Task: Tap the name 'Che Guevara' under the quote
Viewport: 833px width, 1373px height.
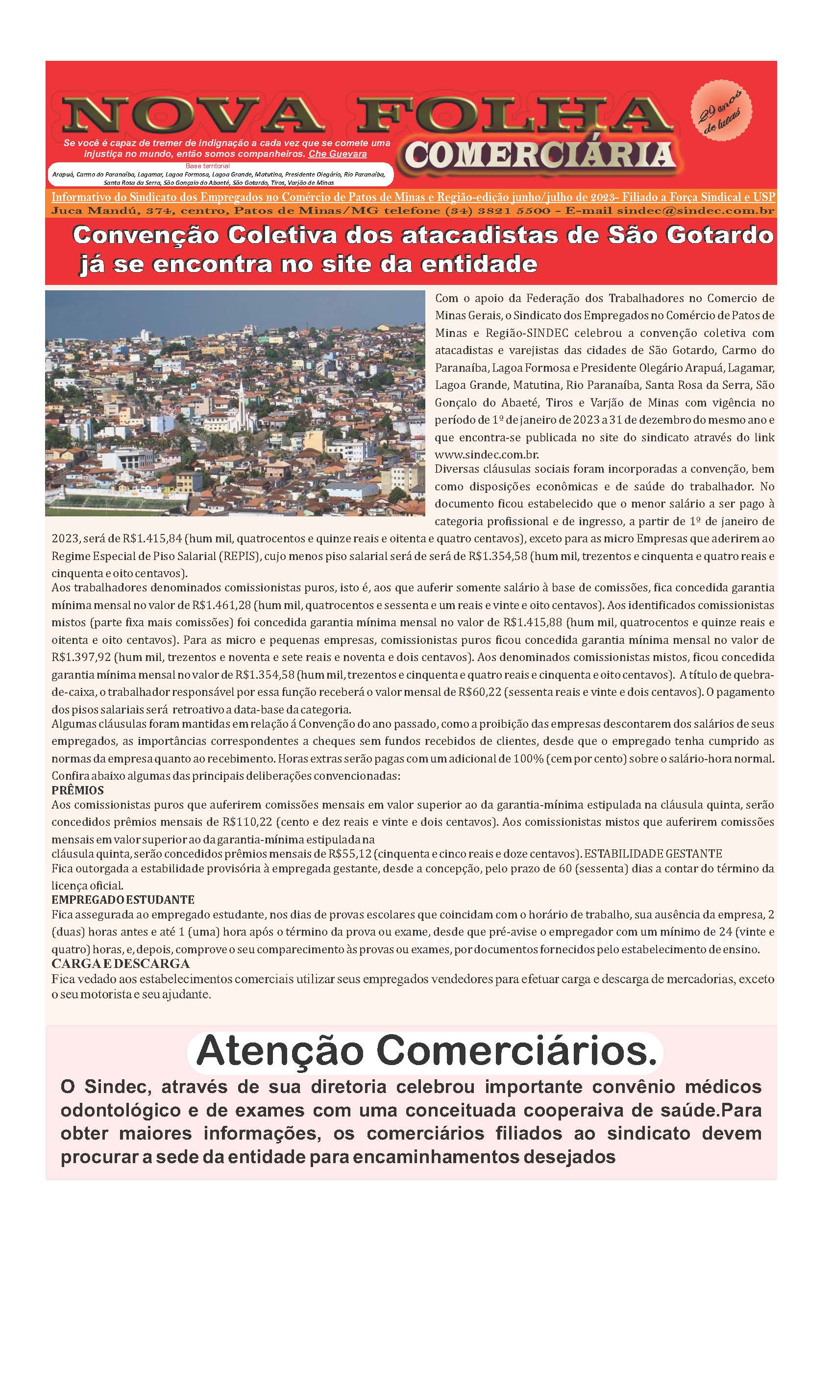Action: [338, 154]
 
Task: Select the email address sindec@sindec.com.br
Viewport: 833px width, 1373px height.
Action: [695, 211]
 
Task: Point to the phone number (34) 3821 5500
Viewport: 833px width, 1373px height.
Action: [498, 211]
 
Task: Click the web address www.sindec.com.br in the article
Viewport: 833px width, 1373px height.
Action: [487, 454]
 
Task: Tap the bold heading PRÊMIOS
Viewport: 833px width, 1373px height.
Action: [77, 790]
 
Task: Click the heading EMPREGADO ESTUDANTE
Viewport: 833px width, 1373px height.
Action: [123, 899]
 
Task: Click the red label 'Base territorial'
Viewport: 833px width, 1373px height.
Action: [207, 166]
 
